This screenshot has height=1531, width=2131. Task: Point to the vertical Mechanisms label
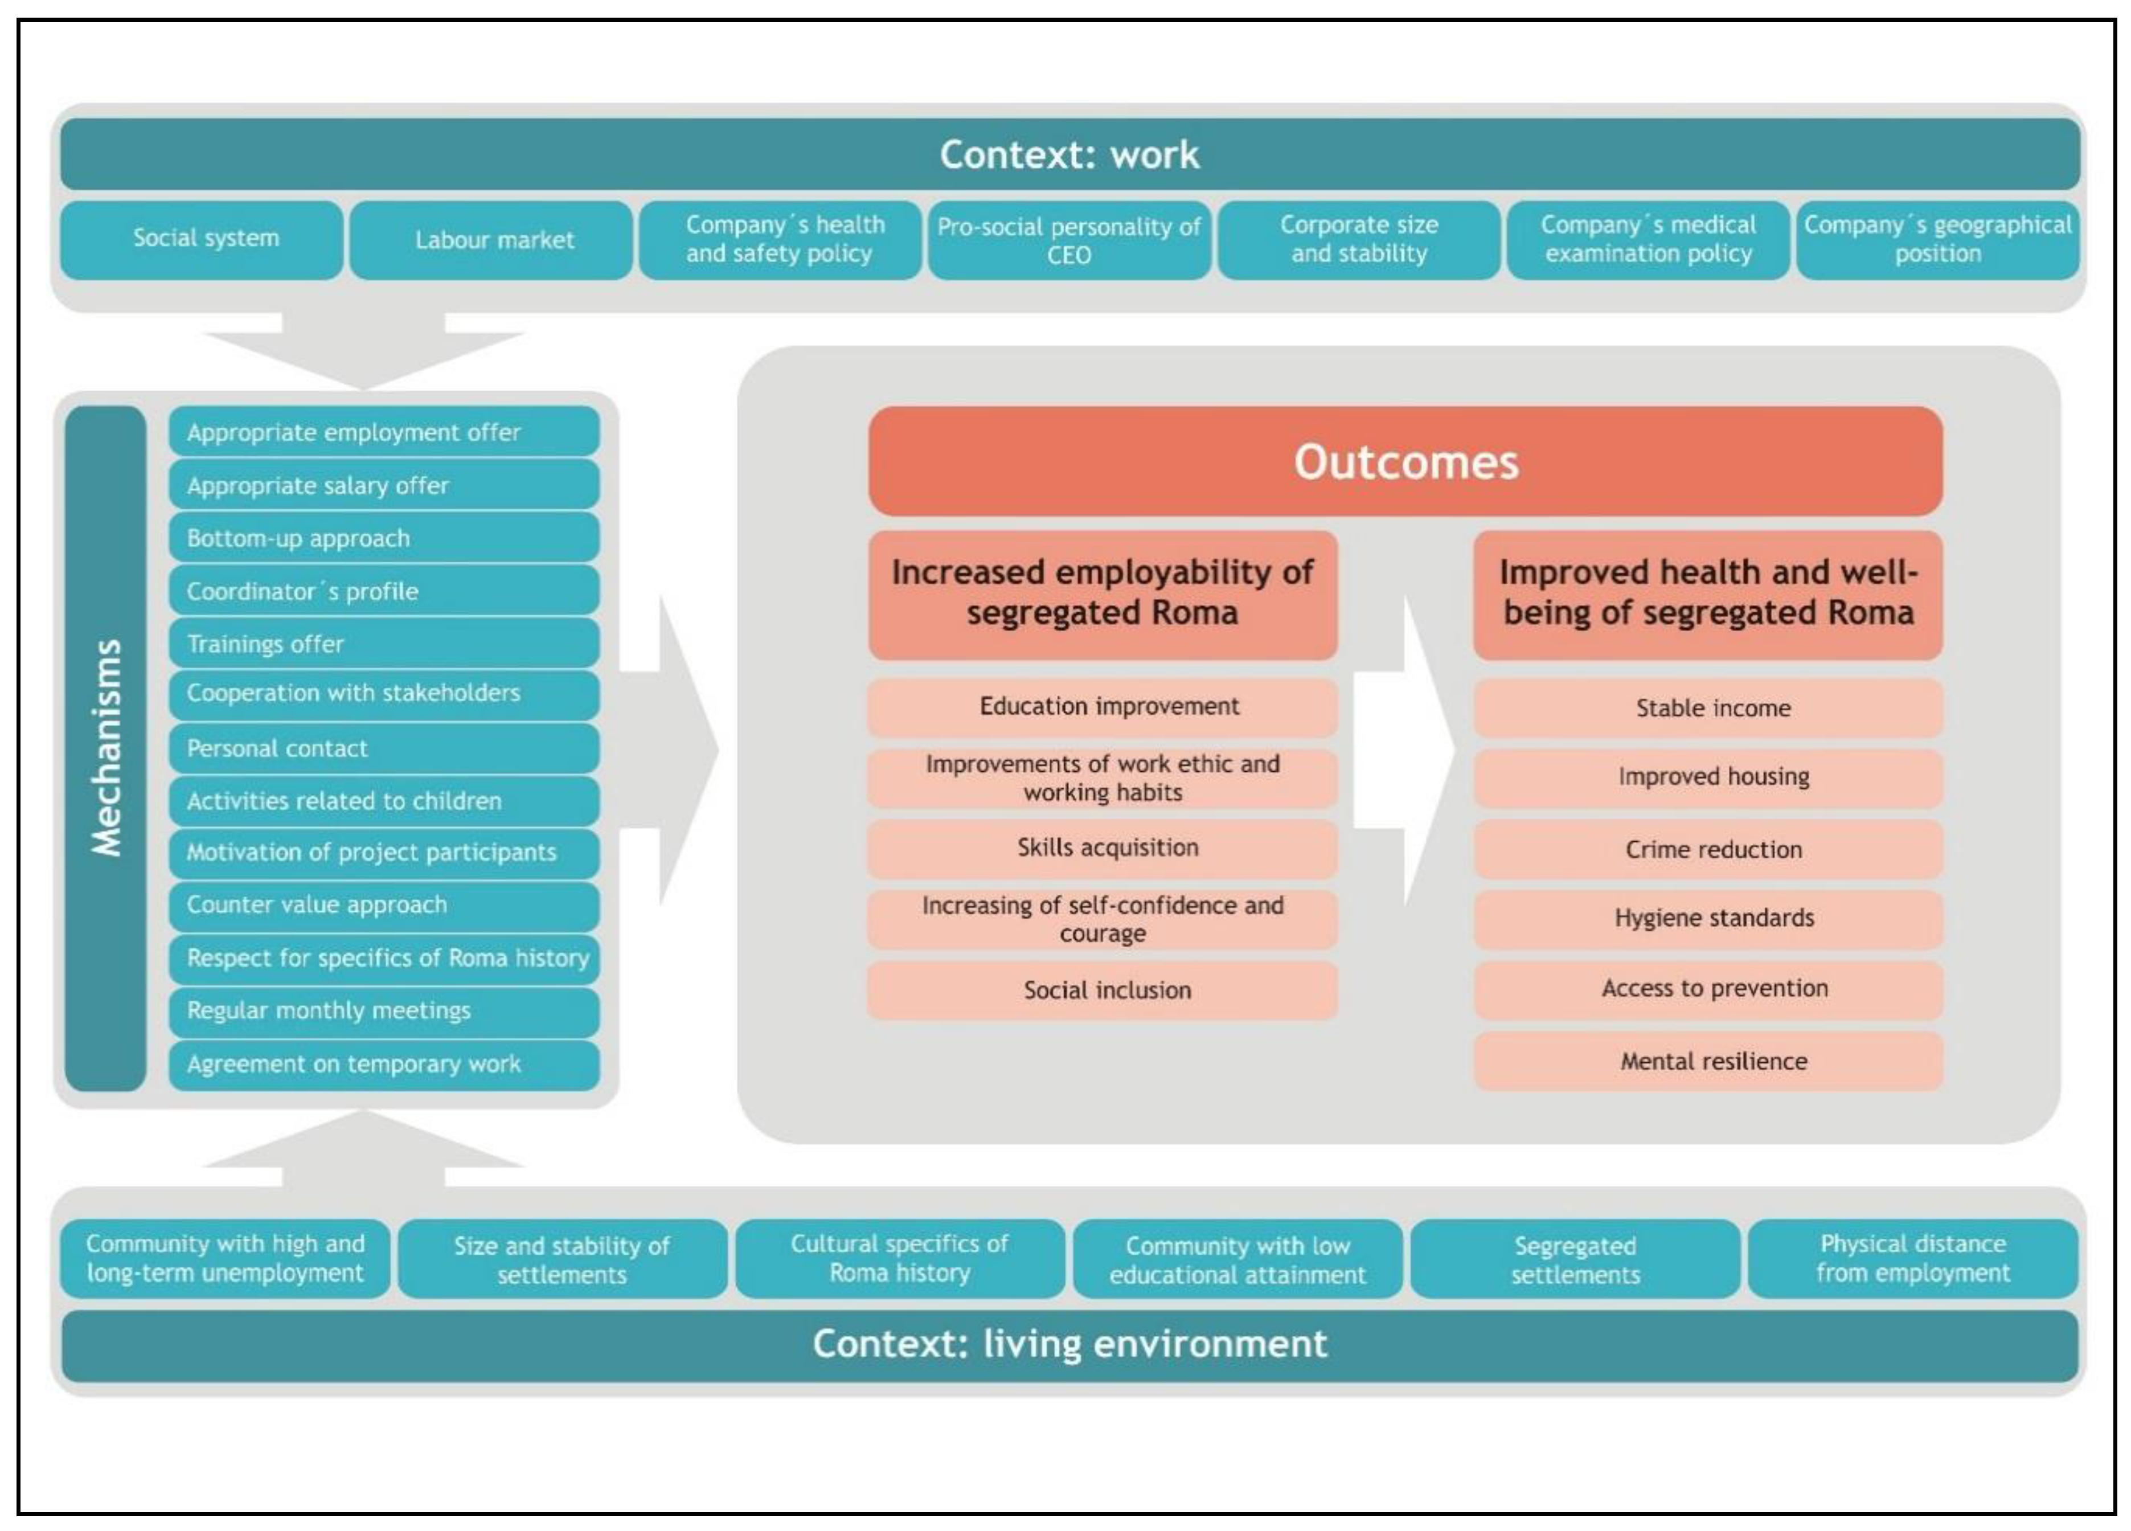coord(106,748)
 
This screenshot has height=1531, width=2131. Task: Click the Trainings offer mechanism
coord(383,644)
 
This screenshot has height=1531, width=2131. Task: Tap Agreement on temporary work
coord(383,1064)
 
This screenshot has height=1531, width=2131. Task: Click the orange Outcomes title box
coord(1405,461)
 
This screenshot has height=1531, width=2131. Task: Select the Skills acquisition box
coord(1102,848)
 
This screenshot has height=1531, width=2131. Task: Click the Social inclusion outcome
coord(1102,990)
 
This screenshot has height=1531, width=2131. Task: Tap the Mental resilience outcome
coord(1707,1061)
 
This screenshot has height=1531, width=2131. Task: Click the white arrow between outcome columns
coord(1414,750)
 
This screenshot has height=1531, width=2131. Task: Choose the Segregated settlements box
coord(1575,1259)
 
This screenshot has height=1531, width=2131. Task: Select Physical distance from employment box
coord(1912,1259)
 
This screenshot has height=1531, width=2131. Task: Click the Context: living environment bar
coord(1069,1344)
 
